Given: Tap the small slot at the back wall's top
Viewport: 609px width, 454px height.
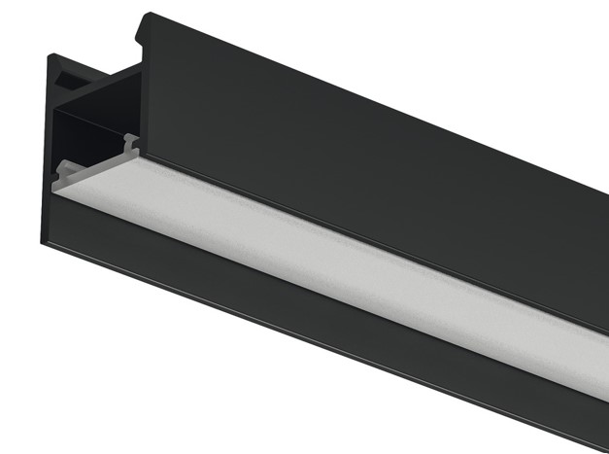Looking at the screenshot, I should (70, 72).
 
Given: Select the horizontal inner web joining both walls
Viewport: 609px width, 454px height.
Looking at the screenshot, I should (97, 98).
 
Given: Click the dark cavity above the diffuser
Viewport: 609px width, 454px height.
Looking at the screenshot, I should (92, 136).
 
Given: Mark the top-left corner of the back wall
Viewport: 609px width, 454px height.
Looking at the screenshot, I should (49, 55).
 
